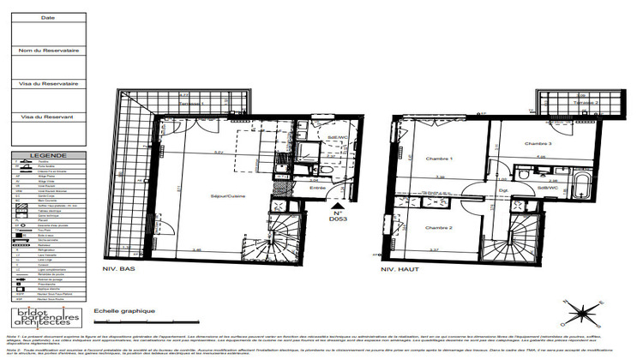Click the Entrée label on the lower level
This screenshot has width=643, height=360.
pos(317,188)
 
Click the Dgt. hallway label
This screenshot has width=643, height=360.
pos(505,189)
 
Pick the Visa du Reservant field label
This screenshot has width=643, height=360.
pos(47,116)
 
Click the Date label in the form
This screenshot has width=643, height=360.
pos(47,17)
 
